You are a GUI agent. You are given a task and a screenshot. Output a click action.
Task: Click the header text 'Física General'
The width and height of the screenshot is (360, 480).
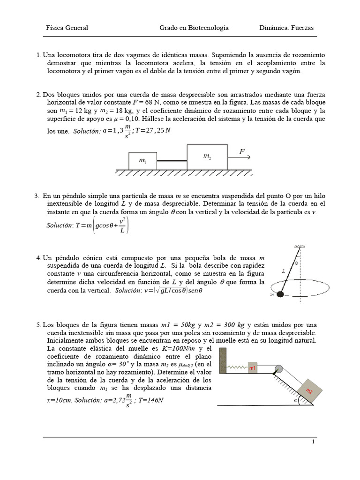(67, 28)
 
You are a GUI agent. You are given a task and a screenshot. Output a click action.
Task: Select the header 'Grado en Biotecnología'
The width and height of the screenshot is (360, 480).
(194, 28)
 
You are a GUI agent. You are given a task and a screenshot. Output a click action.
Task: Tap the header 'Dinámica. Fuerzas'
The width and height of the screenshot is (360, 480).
(286, 28)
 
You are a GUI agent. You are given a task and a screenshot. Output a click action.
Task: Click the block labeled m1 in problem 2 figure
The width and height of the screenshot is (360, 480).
(142, 161)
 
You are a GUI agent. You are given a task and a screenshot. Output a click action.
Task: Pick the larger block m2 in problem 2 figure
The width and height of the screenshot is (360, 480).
(207, 157)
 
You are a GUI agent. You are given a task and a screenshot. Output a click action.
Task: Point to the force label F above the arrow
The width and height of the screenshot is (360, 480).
(242, 151)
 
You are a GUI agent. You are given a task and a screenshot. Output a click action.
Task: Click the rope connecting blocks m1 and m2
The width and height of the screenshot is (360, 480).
(172, 161)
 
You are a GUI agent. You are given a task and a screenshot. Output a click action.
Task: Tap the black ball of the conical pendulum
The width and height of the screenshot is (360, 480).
(280, 294)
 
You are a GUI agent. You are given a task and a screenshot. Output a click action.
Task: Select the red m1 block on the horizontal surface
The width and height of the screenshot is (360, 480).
(253, 368)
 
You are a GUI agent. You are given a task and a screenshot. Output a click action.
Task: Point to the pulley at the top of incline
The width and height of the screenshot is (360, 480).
(279, 369)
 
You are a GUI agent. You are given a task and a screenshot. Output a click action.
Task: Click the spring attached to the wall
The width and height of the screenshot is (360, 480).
(237, 367)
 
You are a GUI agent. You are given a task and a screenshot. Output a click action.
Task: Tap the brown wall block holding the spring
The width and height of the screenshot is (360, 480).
(223, 361)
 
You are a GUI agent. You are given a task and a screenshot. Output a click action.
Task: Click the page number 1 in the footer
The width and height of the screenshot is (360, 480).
(314, 442)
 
